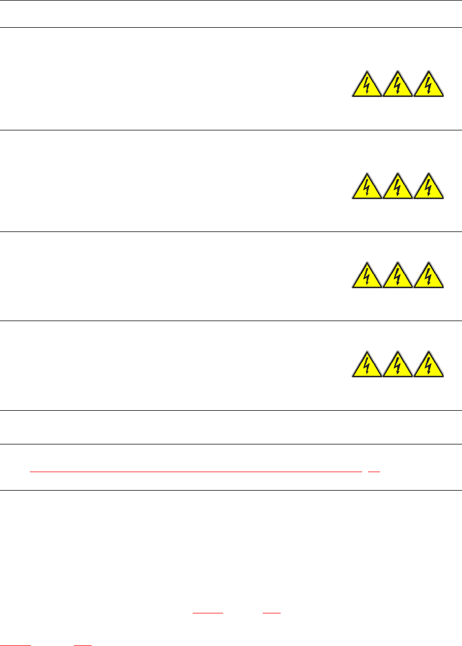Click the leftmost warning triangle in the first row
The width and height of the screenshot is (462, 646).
pos(366,86)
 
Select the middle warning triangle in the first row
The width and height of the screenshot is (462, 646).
pos(398,86)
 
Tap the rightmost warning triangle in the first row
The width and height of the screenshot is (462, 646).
pos(429,86)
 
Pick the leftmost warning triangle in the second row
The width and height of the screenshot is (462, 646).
pos(366,188)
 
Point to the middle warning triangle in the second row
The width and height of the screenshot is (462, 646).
pos(398,188)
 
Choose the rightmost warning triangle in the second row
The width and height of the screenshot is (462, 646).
pos(429,188)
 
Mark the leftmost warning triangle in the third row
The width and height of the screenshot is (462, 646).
pos(366,277)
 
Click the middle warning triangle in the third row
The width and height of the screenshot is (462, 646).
pos(398,277)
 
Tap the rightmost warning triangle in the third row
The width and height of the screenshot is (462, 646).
pos(429,277)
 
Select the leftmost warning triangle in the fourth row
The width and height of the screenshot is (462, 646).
pos(366,366)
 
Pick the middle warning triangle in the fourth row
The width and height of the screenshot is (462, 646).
pos(398,366)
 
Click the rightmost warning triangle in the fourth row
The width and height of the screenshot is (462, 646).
pos(429,366)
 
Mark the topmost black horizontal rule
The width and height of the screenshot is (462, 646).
pos(231,1)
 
